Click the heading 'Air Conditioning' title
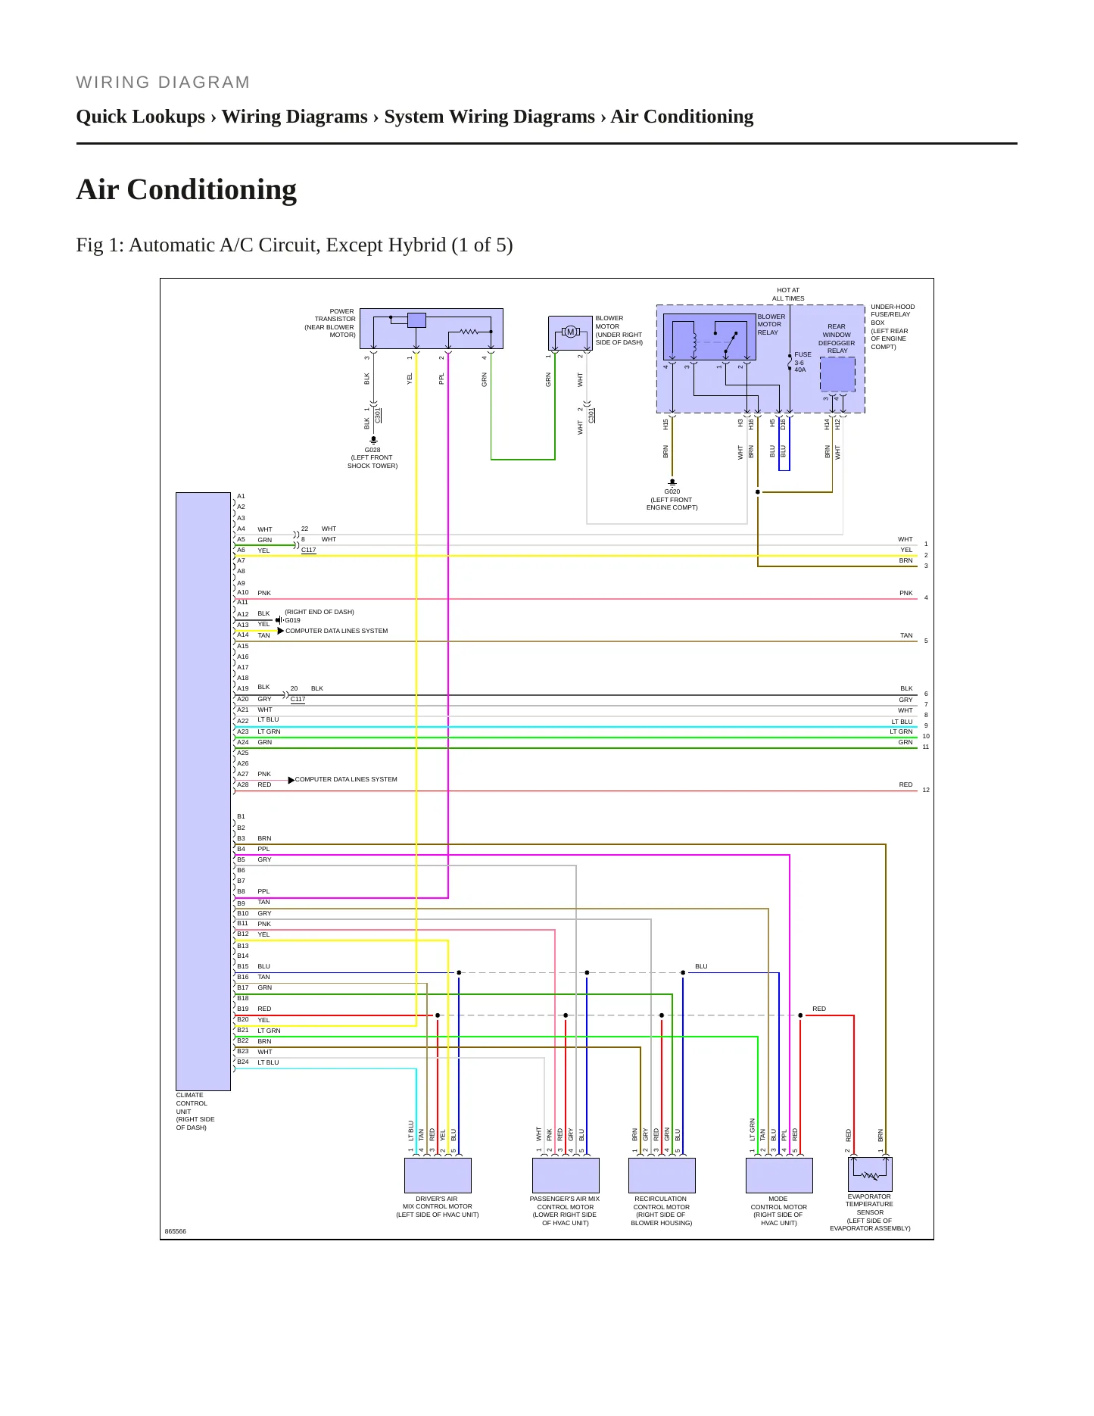(186, 189)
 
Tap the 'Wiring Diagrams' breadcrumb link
(295, 117)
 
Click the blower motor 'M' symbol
(571, 332)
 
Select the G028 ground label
(372, 450)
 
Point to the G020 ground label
(672, 491)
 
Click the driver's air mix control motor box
(438, 1175)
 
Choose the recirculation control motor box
(662, 1175)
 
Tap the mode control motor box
(779, 1175)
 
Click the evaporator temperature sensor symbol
(870, 1174)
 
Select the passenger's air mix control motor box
(566, 1175)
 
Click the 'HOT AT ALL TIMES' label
(788, 294)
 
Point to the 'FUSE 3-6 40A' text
(803, 362)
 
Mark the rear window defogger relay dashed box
(837, 374)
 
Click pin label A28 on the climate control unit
(242, 784)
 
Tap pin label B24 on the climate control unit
(242, 1062)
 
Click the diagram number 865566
(176, 1231)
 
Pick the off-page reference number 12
(926, 790)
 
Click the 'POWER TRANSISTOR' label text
(335, 315)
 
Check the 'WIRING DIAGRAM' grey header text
(163, 83)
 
